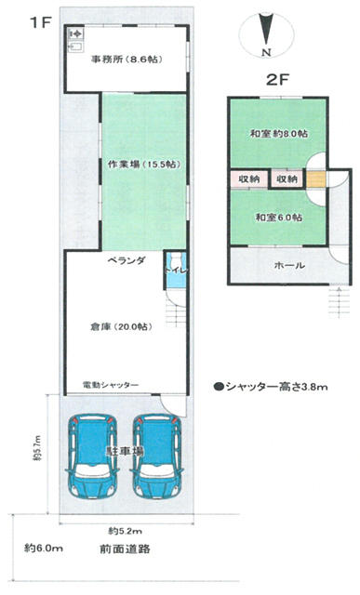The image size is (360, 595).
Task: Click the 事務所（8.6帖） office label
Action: [125, 59]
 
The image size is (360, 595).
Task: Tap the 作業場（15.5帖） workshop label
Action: [141, 164]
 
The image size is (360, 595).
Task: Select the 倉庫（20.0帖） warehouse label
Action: [118, 326]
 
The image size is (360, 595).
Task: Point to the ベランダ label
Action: [125, 261]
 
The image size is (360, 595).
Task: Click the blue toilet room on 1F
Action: [176, 268]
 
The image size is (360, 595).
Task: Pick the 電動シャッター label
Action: [111, 384]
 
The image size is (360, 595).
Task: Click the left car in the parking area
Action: [89, 456]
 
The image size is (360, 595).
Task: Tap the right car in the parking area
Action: [154, 456]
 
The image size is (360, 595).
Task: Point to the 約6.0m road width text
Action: [44, 549]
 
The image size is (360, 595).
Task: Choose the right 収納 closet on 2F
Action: [287, 178]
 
